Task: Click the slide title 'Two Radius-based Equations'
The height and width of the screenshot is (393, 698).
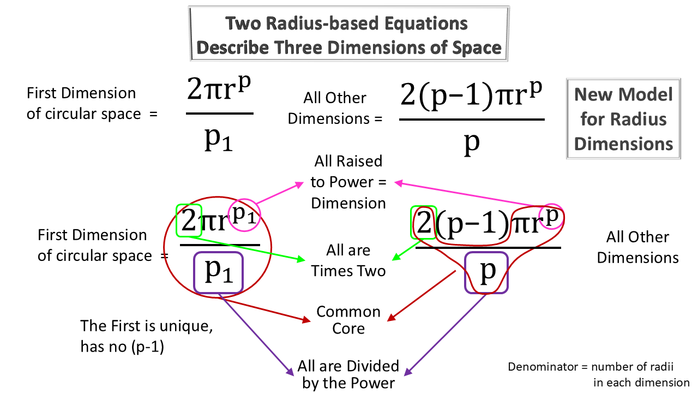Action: pyautogui.click(x=347, y=24)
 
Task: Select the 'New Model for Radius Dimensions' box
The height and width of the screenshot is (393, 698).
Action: pyautogui.click(x=623, y=119)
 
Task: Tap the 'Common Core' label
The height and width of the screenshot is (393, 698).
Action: pyautogui.click(x=348, y=320)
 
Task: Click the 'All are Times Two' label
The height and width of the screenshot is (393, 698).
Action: pyautogui.click(x=348, y=260)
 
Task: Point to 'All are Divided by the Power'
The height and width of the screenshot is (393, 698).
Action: pyautogui.click(x=348, y=374)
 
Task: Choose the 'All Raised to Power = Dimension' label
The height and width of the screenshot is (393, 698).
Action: pyautogui.click(x=348, y=182)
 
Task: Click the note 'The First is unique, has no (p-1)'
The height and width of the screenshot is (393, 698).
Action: pyautogui.click(x=146, y=336)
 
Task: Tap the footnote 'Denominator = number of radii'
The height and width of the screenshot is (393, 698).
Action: pyautogui.click(x=599, y=366)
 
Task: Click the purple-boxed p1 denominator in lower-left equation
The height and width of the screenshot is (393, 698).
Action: pyautogui.click(x=219, y=272)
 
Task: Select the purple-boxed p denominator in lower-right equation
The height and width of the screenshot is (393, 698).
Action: pyautogui.click(x=486, y=271)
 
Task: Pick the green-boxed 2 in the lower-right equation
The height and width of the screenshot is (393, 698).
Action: pyautogui.click(x=424, y=223)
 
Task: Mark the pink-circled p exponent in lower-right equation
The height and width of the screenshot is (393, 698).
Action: pyautogui.click(x=551, y=215)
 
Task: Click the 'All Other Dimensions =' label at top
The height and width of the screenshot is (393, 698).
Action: pyautogui.click(x=335, y=108)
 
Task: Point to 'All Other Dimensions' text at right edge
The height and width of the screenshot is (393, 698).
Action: pyautogui.click(x=637, y=247)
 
